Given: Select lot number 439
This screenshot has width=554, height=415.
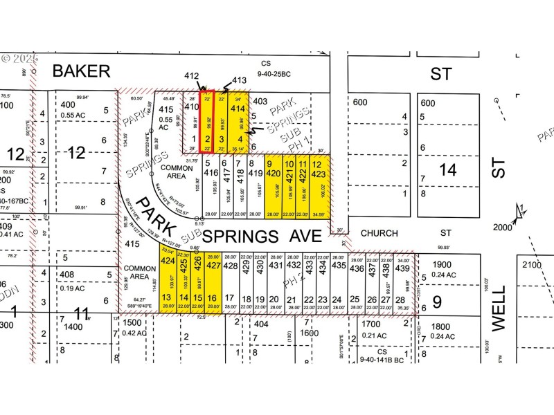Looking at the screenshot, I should pos(403,268).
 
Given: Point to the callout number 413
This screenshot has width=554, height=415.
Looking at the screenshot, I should pos(240,80).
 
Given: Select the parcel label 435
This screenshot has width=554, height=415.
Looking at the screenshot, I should pos(339,266).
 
